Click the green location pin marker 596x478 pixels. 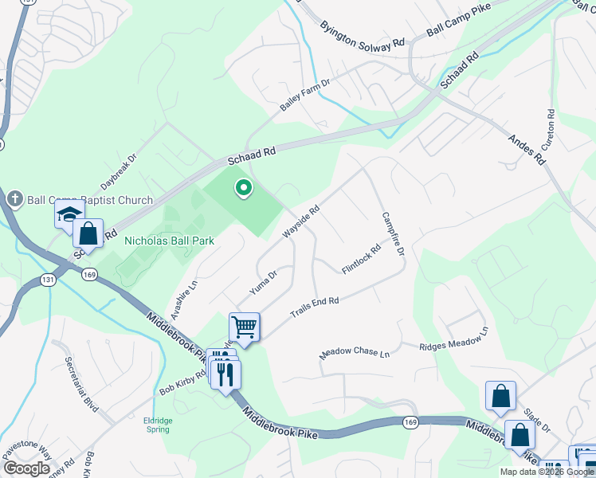(x=243, y=188)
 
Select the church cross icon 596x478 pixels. (x=14, y=198)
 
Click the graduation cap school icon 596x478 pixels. (x=69, y=214)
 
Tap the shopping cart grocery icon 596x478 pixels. (x=244, y=326)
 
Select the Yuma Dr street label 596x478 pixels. (x=262, y=283)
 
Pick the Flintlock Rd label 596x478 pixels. (x=362, y=259)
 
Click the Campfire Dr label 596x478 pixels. (x=394, y=233)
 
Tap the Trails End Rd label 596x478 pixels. (x=315, y=307)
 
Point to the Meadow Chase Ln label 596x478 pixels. (x=355, y=353)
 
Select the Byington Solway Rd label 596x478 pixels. (x=363, y=37)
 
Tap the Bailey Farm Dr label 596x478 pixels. (x=304, y=95)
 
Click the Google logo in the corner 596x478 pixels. (x=25, y=468)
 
